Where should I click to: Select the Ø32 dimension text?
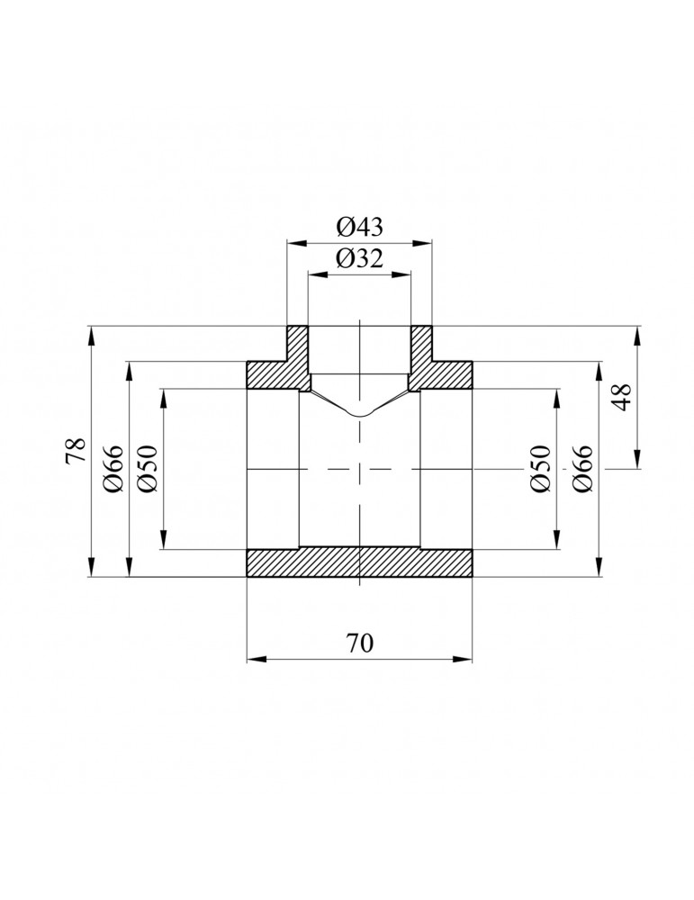pyautogui.click(x=359, y=260)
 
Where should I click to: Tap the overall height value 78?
pyautogui.click(x=76, y=451)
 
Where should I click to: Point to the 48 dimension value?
pyautogui.click(x=622, y=397)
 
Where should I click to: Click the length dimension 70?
pyautogui.click(x=359, y=644)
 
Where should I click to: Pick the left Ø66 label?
pyautogui.click(x=113, y=469)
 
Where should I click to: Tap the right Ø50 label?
pyautogui.click(x=540, y=469)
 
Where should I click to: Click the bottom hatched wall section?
pyautogui.click(x=359, y=562)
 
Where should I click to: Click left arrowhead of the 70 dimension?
pyautogui.click(x=253, y=660)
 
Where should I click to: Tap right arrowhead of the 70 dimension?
pyautogui.click(x=466, y=660)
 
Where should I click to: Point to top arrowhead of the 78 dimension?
pyautogui.click(x=92, y=332)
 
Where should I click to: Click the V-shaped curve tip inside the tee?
pyautogui.click(x=359, y=415)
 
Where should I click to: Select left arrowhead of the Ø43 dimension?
pyautogui.click(x=293, y=241)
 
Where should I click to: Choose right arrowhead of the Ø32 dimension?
pyautogui.click(x=406, y=274)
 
